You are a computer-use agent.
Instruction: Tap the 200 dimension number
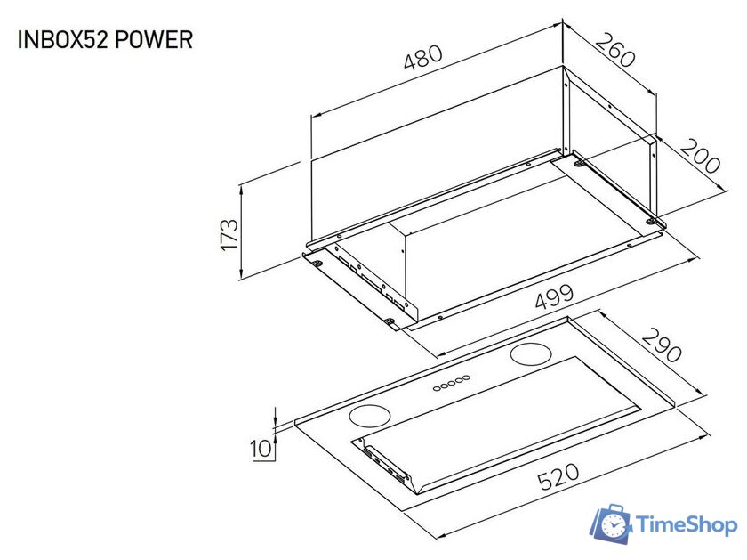pyautogui.click(x=700, y=157)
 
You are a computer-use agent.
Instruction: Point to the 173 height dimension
pyautogui.click(x=229, y=234)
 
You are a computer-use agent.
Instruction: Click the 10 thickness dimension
pyautogui.click(x=261, y=449)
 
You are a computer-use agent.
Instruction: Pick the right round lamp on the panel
pyautogui.click(x=531, y=354)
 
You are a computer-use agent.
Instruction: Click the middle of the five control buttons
pyautogui.click(x=451, y=384)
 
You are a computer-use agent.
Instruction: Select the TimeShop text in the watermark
pyautogui.click(x=687, y=526)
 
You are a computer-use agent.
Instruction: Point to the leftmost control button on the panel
pyautogui.click(x=437, y=387)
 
